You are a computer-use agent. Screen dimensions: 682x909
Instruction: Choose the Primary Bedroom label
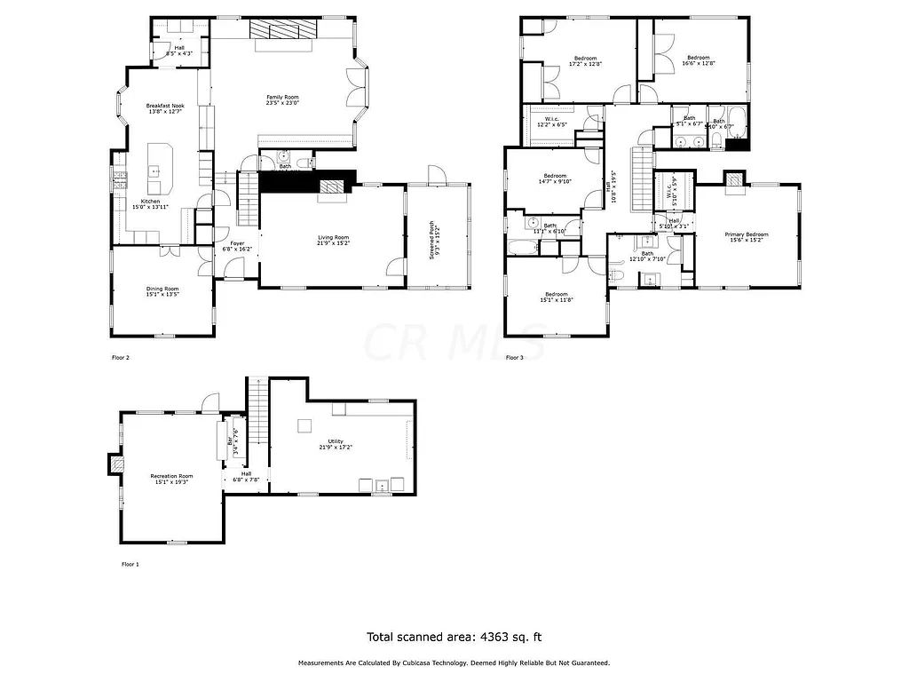click(x=747, y=236)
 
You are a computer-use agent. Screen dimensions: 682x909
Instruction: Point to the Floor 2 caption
click(x=120, y=358)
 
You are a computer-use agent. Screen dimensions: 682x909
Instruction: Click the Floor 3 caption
click(x=514, y=358)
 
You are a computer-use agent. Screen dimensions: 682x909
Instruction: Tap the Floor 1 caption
click(x=130, y=564)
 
